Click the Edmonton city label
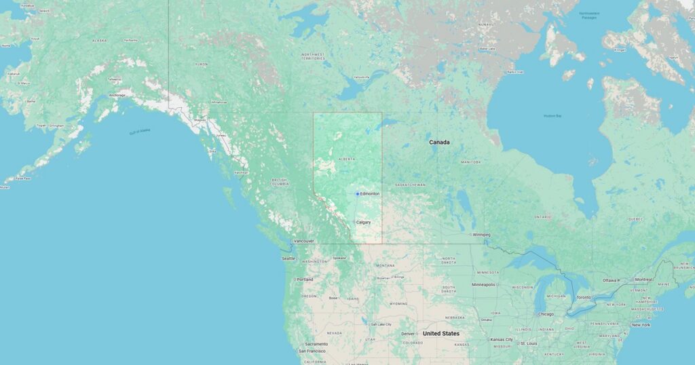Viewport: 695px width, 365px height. point(370,194)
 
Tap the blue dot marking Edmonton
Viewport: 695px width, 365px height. point(358,194)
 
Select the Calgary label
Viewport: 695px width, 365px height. point(364,222)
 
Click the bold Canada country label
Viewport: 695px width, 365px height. point(439,142)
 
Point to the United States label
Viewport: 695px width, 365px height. point(441,334)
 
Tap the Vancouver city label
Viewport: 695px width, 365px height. point(303,241)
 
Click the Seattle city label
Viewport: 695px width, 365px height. point(289,258)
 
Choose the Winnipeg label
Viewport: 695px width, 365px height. point(481,235)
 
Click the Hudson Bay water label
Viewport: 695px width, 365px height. point(552,116)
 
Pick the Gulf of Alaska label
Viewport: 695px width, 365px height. point(139,132)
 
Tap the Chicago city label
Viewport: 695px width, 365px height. point(544,314)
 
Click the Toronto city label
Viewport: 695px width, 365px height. point(584,297)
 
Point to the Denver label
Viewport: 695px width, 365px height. point(408,334)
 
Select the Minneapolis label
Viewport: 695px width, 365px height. point(484,284)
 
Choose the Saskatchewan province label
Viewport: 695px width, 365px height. point(411,185)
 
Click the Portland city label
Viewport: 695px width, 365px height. point(305,280)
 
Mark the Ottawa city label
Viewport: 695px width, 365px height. point(610,280)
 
